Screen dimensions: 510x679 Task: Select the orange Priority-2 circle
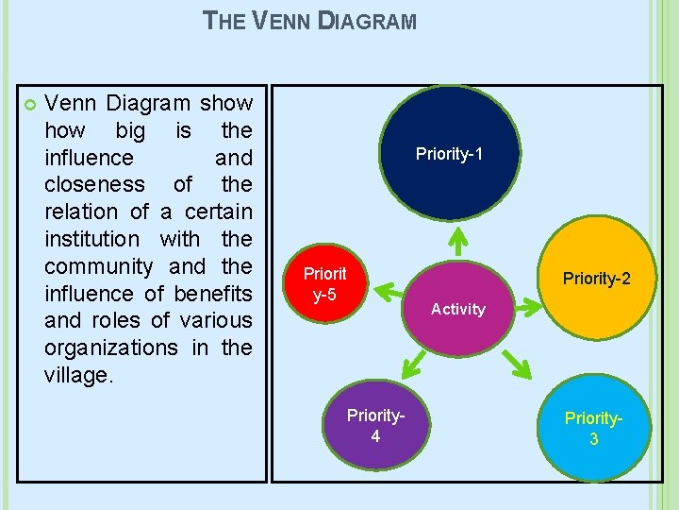[600, 278]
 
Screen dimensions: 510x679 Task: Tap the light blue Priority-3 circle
[594, 428]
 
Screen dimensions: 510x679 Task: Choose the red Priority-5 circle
[325, 284]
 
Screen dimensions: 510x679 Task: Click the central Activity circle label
[458, 309]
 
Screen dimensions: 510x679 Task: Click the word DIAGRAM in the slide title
[367, 20]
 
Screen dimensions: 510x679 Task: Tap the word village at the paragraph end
[76, 376]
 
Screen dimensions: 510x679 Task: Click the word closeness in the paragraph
[94, 184]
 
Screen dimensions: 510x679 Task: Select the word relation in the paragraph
[82, 212]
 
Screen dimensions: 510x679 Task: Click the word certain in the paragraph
[217, 212]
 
